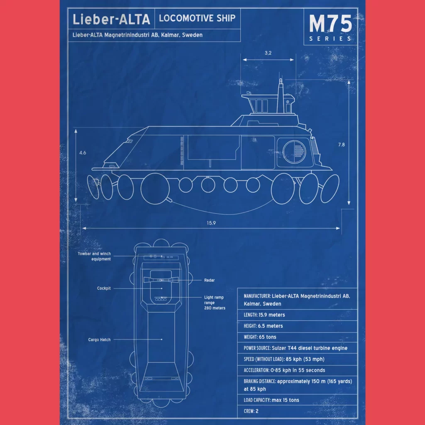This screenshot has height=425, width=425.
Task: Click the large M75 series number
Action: (x=330, y=24)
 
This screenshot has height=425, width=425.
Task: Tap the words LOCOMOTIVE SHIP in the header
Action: (x=197, y=18)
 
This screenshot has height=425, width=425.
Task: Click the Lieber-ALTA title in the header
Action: (x=111, y=19)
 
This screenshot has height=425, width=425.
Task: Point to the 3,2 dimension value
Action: (x=268, y=53)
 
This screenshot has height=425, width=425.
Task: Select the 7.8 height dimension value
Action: (x=341, y=145)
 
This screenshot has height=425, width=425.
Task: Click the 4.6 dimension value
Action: (x=83, y=153)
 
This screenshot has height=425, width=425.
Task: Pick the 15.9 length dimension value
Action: (x=211, y=223)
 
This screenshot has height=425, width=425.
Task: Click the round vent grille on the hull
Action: (x=294, y=151)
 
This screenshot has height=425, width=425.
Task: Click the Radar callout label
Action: (x=209, y=280)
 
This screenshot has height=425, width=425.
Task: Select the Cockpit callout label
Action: (x=104, y=288)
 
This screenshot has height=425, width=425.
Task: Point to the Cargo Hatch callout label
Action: (x=99, y=340)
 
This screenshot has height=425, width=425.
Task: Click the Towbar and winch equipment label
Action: (x=94, y=256)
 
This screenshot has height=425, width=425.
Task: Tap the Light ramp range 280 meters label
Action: (x=215, y=303)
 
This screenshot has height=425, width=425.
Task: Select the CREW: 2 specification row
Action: (x=251, y=411)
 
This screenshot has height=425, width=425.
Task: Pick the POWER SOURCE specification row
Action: (x=296, y=348)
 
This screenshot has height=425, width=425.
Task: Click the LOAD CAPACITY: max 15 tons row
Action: (x=271, y=400)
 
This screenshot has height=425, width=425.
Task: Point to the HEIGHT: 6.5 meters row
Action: (x=263, y=326)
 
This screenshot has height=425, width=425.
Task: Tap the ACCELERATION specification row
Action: (x=284, y=370)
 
